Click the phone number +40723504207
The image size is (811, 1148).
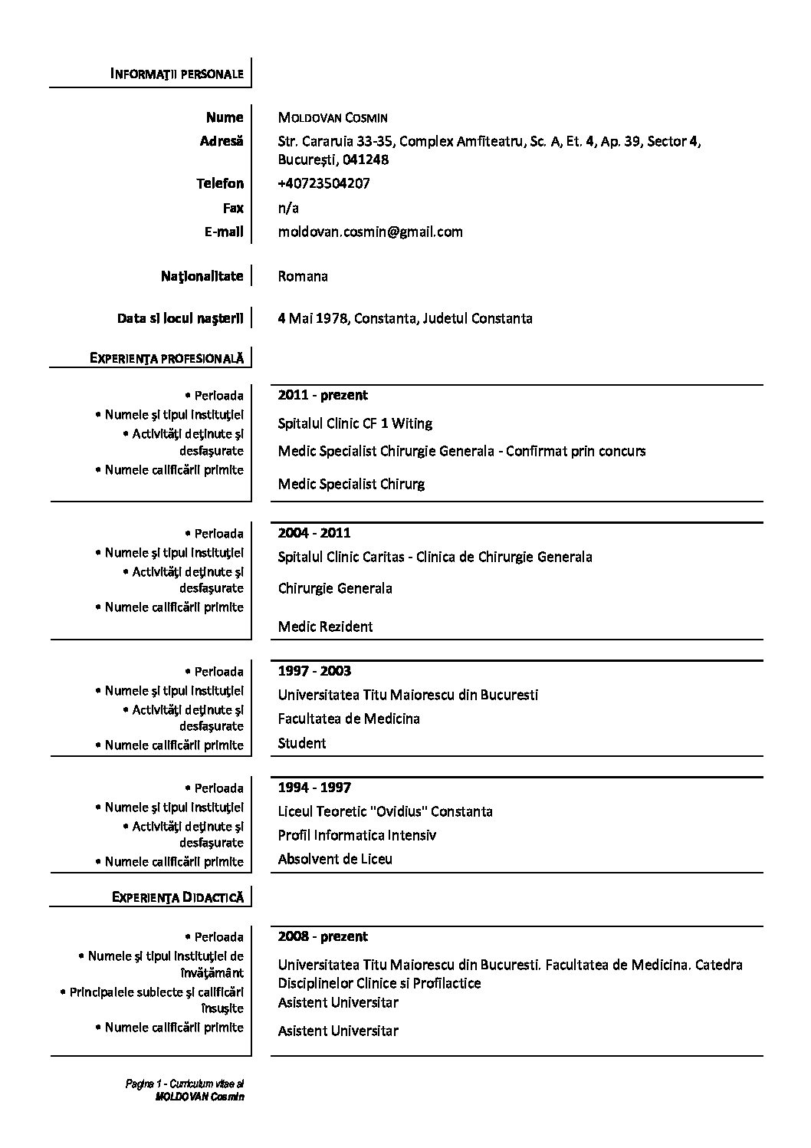pos(323,183)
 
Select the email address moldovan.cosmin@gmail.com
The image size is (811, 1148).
pos(370,232)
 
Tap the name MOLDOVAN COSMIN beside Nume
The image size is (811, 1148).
pos(333,118)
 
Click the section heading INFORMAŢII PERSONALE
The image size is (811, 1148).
pos(177,74)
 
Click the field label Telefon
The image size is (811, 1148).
pos(220,183)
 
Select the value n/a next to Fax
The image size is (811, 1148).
pos(288,208)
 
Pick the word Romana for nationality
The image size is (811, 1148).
pos(303,276)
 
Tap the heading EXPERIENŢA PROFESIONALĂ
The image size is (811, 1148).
pos(166,357)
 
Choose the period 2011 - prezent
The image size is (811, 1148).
pos(323,395)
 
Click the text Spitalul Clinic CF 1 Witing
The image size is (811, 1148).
pos(355,423)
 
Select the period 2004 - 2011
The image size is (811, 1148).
pos(314,533)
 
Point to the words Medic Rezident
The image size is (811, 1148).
pos(325,627)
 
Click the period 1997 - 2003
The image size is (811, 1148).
pos(314,671)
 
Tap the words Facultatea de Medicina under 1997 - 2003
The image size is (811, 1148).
pos(349,719)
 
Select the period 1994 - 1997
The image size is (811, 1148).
pos(314,788)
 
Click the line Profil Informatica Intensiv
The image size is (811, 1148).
pos(356,835)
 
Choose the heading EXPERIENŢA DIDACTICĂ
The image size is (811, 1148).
pos(178,896)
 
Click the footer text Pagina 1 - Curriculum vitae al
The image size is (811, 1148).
pos(185,1084)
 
